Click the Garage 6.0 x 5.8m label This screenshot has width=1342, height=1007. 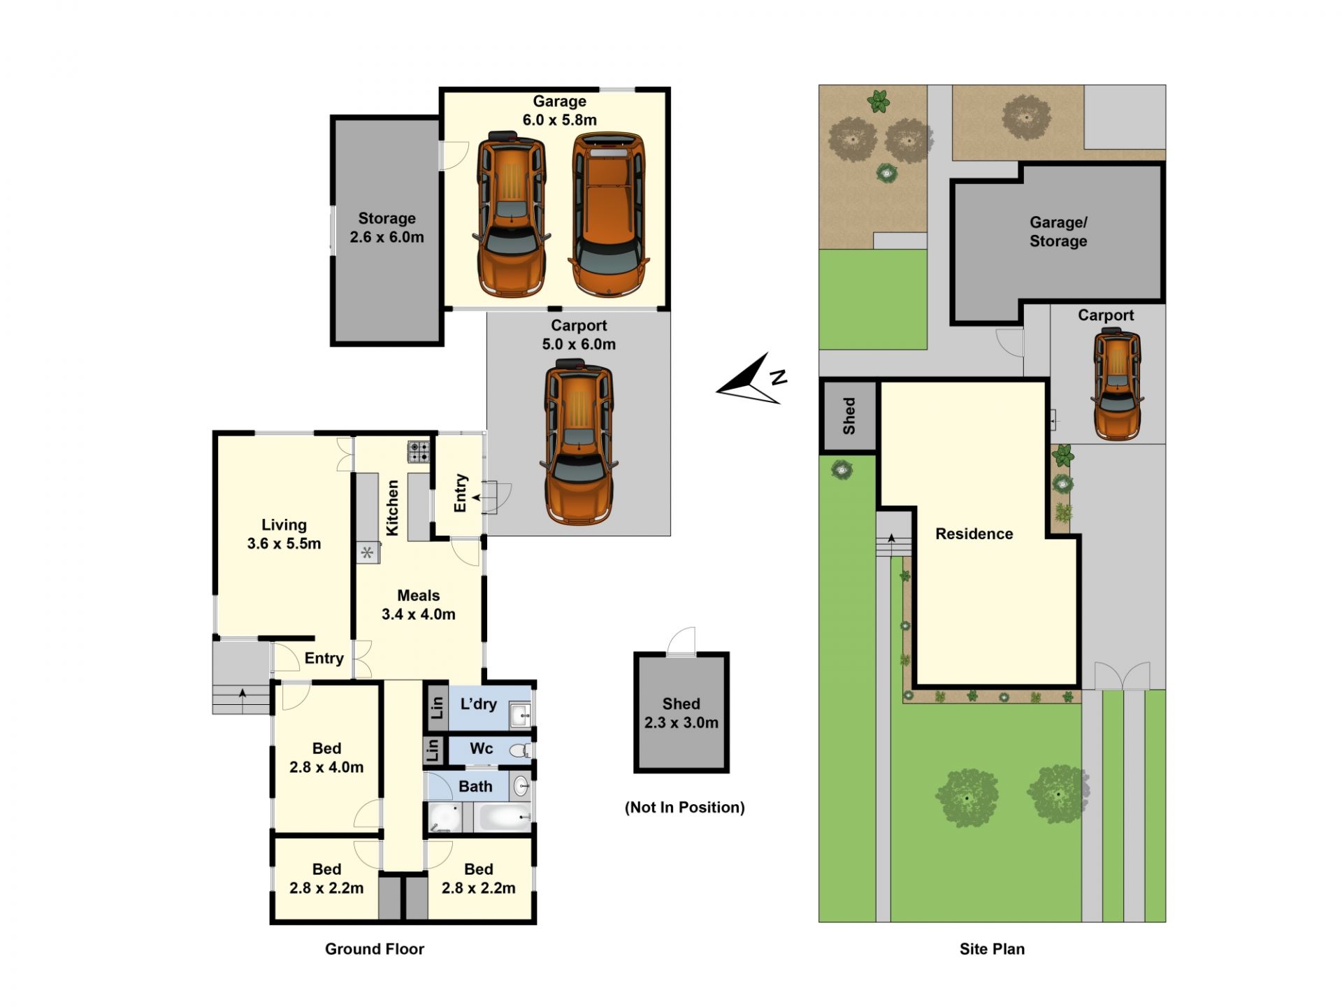coord(559,110)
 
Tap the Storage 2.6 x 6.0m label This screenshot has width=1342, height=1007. coord(387,228)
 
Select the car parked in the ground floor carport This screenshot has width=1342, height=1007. coord(579,442)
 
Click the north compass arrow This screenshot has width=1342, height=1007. coord(750,380)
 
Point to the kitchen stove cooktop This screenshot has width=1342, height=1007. coord(419,451)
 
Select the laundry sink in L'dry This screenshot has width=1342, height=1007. coord(520,714)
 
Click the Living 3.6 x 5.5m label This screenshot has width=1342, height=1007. coord(284,534)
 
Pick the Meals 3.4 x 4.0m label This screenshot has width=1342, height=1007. coord(418,605)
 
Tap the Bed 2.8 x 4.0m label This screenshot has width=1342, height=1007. coord(326,758)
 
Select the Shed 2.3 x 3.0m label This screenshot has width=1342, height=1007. coord(681,713)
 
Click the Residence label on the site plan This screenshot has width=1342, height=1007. coord(974,534)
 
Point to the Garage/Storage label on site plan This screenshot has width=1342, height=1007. coord(1058,232)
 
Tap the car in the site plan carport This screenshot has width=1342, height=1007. coord(1117,385)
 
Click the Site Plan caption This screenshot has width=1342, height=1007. coord(992,949)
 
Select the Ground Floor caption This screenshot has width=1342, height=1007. coord(375,949)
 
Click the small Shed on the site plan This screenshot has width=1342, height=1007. coord(849,416)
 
